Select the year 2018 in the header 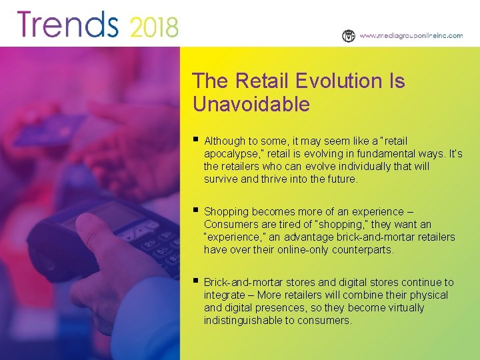click(153, 27)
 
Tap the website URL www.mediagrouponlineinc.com click(411, 36)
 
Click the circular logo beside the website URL click(349, 36)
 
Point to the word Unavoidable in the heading click(251, 105)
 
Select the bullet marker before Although click(195, 140)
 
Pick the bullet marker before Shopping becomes click(195, 211)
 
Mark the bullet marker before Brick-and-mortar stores click(195, 281)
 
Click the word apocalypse click(233, 154)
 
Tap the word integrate click(225, 295)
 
